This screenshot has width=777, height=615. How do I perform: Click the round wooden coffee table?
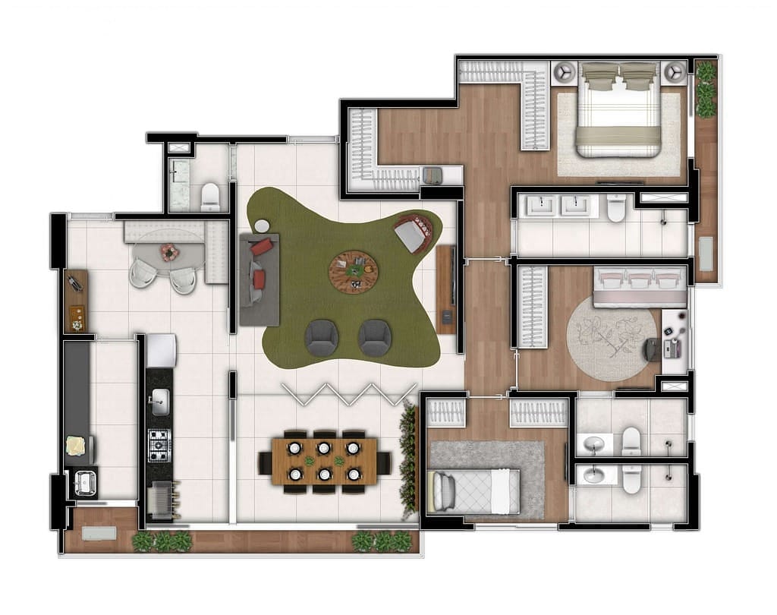(x=353, y=270)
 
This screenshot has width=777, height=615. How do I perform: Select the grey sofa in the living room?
(x=259, y=279)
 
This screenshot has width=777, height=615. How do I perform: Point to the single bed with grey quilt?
(x=473, y=490)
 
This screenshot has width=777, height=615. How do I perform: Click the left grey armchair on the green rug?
(x=323, y=336)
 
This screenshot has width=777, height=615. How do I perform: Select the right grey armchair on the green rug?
(x=375, y=336)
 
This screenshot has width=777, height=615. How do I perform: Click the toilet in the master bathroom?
(x=616, y=207)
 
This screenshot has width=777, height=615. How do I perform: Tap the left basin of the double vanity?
(x=544, y=205)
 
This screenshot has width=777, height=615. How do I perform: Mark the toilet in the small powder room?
(x=210, y=197)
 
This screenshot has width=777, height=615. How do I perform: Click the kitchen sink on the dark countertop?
(x=160, y=402)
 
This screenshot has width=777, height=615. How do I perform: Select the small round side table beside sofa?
(x=262, y=225)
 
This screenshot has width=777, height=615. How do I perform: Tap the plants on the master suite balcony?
(x=706, y=90)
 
